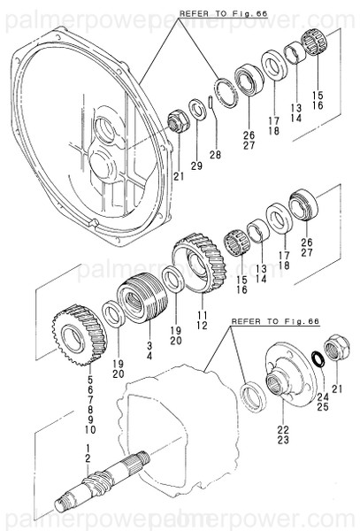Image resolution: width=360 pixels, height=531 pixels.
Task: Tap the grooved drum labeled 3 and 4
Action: pos(137,297)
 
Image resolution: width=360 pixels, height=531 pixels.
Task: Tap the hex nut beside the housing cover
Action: pos(176,122)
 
